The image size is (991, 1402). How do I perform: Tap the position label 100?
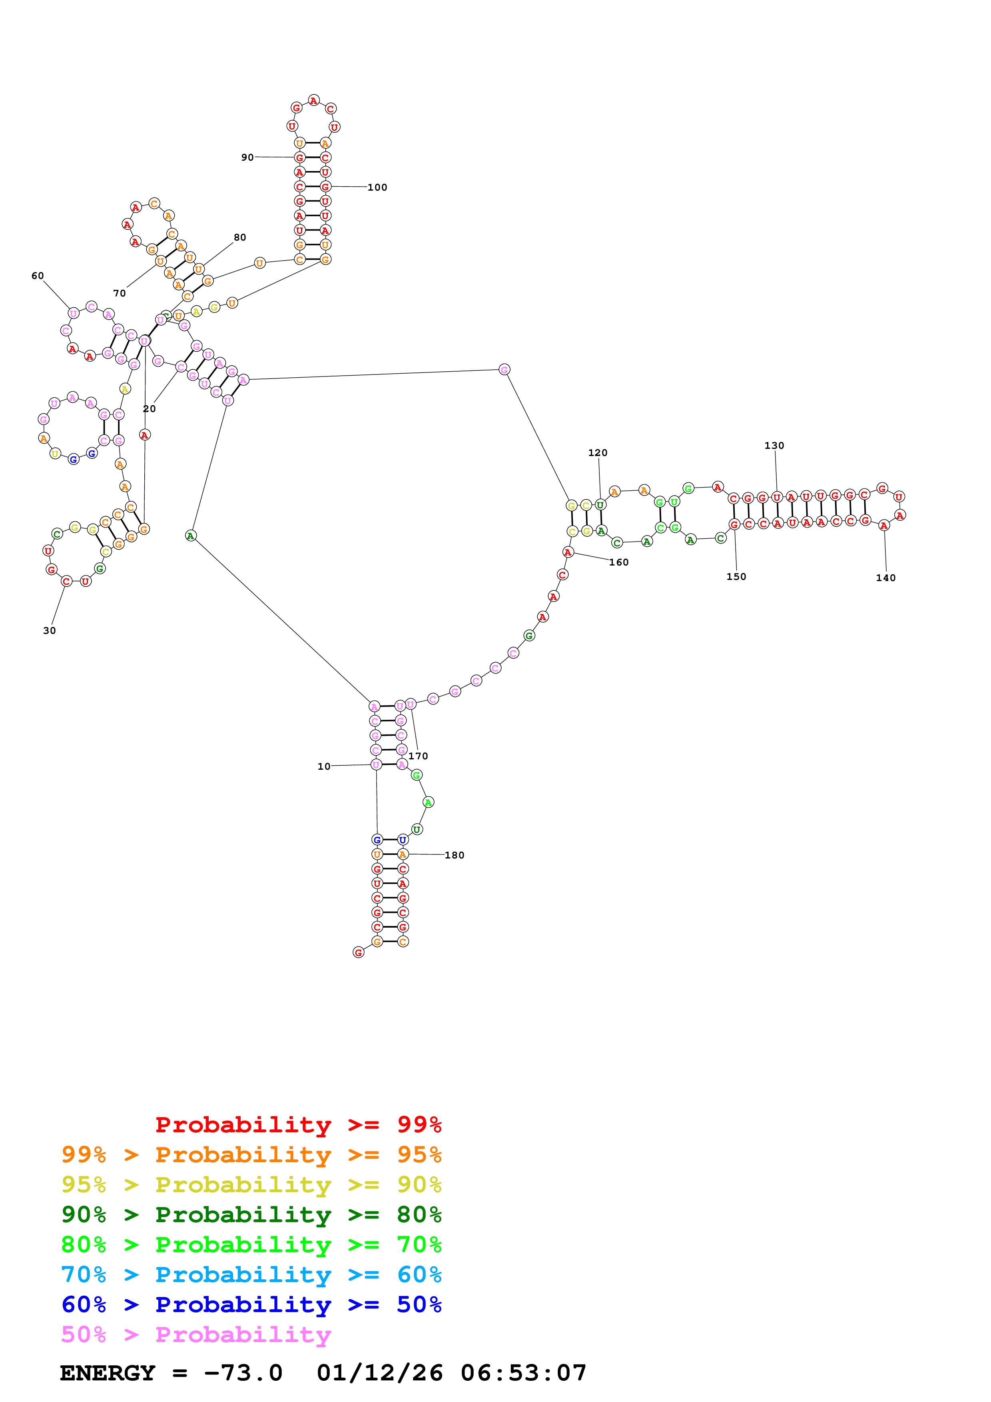coord(377,187)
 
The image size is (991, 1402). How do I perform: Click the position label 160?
coord(618,562)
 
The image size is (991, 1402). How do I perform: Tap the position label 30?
coord(50,631)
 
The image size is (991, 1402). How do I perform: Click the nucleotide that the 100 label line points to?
coord(325,187)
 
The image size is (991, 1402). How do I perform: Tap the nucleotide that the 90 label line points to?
coord(299,157)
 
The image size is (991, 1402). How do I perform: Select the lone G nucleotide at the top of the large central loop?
coord(504,369)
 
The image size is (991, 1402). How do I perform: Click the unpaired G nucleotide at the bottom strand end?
coord(359,952)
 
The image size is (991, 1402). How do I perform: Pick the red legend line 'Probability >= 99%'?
coord(298,1125)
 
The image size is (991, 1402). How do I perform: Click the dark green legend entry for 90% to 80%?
coord(251,1215)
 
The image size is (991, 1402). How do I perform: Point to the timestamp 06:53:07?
coord(523,1373)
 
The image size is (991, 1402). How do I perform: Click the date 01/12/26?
coord(380,1373)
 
